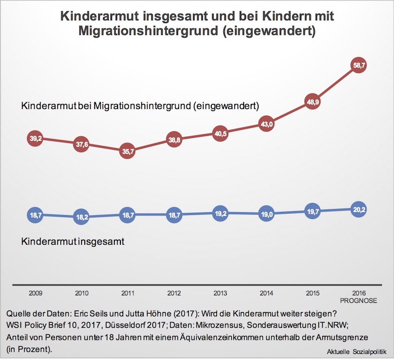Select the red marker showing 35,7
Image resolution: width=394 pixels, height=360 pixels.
point(127,152)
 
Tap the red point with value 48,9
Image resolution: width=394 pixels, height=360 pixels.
point(312,102)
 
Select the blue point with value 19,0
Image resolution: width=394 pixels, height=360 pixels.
point(266,214)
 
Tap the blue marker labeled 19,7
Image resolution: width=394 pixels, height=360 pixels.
point(312,211)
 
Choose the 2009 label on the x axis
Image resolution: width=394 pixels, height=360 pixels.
point(35,293)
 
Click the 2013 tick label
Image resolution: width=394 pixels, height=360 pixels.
point(220,293)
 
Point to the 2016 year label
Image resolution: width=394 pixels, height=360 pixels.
point(358,293)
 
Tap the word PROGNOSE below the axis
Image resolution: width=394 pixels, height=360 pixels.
point(358,300)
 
